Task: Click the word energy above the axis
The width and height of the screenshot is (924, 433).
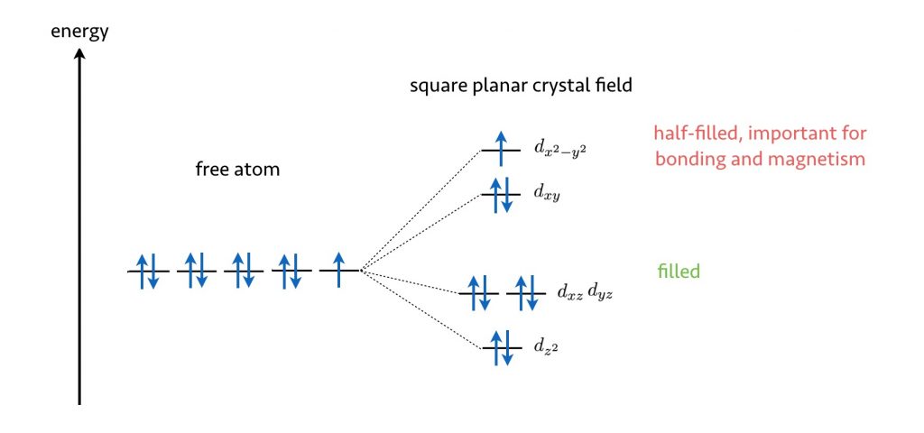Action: pyautogui.click(x=79, y=32)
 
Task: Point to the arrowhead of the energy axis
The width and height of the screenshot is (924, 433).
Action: pyautogui.click(x=79, y=53)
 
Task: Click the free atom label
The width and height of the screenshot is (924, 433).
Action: pyautogui.click(x=237, y=170)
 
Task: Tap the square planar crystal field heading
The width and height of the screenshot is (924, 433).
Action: pyautogui.click(x=521, y=86)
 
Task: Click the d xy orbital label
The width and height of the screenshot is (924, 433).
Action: pyautogui.click(x=547, y=195)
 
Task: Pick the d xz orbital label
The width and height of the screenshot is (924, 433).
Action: pyautogui.click(x=570, y=293)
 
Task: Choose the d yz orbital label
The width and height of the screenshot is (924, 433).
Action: pyautogui.click(x=600, y=293)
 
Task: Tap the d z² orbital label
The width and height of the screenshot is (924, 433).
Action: pyautogui.click(x=546, y=347)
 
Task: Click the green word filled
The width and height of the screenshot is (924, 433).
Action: pyautogui.click(x=679, y=272)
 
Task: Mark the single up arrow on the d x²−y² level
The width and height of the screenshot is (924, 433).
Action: pyautogui.click(x=500, y=149)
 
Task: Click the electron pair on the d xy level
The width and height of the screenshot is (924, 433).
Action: pyautogui.click(x=501, y=195)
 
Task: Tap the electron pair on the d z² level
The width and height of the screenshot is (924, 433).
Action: pyautogui.click(x=501, y=348)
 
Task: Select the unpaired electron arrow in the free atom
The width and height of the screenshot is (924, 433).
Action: pyautogui.click(x=338, y=270)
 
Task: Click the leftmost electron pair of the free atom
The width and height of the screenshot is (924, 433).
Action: pyautogui.click(x=147, y=271)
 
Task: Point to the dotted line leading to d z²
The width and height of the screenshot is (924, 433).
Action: pyautogui.click(x=421, y=309)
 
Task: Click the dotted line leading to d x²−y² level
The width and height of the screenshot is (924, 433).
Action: pyautogui.click(x=420, y=210)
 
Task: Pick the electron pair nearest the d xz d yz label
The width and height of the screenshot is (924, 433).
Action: pyautogui.click(x=526, y=293)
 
